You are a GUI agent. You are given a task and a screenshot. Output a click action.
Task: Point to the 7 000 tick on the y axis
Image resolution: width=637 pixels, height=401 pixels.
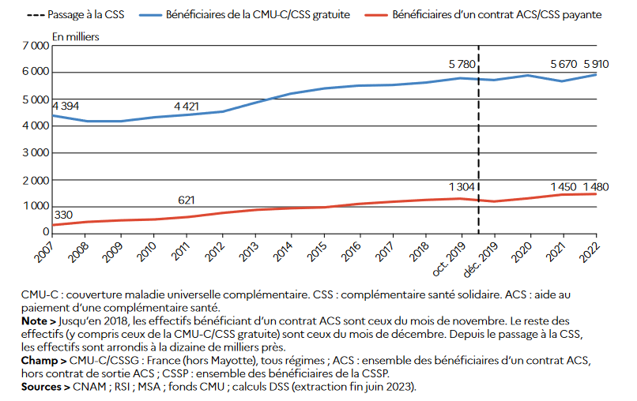tap(36, 46)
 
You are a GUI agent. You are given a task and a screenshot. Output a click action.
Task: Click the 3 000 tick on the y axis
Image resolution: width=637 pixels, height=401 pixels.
tap(36, 153)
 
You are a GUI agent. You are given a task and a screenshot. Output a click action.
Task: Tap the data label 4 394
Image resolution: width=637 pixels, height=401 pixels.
tap(66, 106)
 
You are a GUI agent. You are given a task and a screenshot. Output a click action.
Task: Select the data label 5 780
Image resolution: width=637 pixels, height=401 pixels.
tap(461, 63)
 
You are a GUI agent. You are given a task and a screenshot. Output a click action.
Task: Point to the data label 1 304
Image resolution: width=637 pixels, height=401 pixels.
tap(461, 186)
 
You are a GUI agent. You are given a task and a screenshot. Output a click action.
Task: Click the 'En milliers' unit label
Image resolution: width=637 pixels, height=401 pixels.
tap(76, 36)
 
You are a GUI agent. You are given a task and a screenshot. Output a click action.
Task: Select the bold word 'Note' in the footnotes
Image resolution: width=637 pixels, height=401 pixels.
tap(35, 322)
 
